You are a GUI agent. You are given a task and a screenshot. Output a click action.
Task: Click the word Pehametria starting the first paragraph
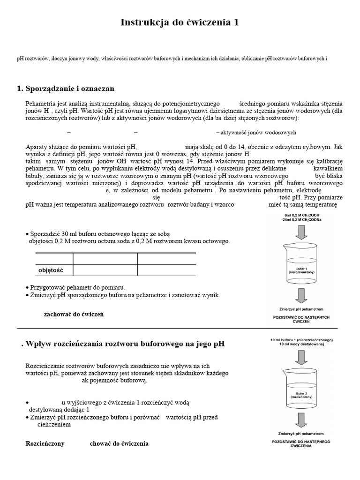43,103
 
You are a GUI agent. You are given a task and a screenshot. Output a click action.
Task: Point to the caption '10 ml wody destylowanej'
301,345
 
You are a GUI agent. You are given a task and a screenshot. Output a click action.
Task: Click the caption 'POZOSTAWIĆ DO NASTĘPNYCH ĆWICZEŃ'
301,320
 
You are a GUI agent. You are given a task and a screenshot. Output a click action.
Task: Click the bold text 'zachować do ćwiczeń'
74,314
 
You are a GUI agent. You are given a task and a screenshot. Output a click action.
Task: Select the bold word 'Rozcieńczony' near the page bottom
45,443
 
